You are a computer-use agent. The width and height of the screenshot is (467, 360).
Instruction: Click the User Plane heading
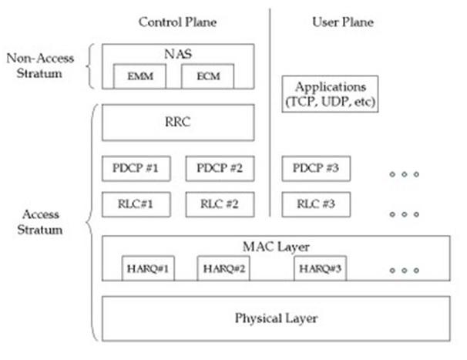[342, 22]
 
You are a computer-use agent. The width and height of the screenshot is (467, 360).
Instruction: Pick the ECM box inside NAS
[206, 77]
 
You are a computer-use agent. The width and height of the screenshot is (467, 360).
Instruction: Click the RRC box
[178, 123]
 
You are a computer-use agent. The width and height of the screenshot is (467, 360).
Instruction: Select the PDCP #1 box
[135, 167]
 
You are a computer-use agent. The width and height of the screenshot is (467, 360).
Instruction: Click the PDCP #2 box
[220, 167]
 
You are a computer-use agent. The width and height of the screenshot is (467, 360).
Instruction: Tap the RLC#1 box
[135, 204]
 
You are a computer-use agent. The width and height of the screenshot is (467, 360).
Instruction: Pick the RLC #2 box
[220, 204]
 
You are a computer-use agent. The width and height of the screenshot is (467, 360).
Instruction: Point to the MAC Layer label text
[276, 247]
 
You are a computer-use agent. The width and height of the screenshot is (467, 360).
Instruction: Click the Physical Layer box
[276, 318]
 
